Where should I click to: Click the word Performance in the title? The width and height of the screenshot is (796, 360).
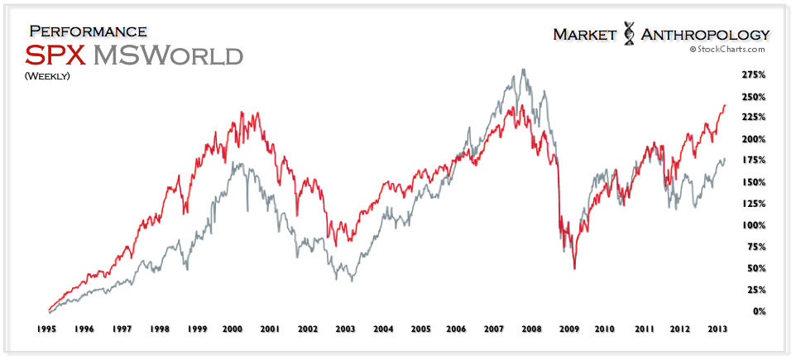(88, 31)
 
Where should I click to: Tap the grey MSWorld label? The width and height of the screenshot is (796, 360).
(168, 55)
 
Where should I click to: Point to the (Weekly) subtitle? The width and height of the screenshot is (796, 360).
(47, 77)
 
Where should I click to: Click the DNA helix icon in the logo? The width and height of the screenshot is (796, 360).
(627, 34)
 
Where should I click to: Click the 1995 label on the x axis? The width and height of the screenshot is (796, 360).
(46, 329)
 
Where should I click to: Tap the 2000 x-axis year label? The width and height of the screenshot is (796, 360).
(233, 329)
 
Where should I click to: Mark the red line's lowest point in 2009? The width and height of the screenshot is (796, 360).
(574, 269)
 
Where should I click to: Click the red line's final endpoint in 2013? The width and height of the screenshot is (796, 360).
(726, 105)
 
